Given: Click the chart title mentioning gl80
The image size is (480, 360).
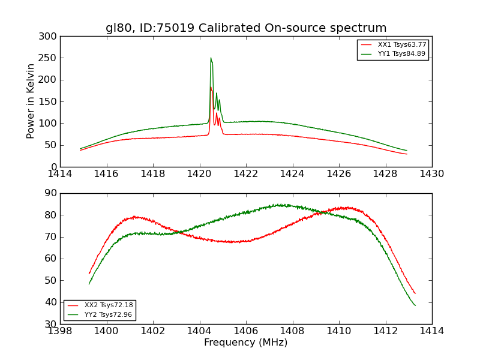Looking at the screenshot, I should [x=246, y=28].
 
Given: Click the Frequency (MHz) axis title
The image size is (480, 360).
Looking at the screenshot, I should [x=246, y=343].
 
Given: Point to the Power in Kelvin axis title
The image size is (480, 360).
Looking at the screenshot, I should [x=31, y=101].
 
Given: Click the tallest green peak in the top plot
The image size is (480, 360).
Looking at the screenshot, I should [x=211, y=58].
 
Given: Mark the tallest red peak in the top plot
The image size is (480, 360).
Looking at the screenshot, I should [x=211, y=88].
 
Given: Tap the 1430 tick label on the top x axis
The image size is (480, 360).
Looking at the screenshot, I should [x=431, y=173].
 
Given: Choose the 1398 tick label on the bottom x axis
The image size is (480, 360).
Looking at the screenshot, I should [x=60, y=331].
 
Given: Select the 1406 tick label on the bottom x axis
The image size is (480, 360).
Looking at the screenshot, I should [x=246, y=331].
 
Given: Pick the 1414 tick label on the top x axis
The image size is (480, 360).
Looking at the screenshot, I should [x=60, y=173].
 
